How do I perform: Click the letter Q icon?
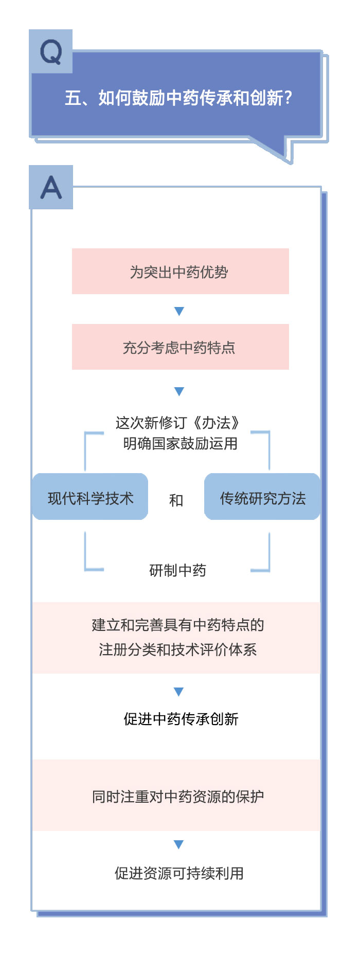click(51, 51)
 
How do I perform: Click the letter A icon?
click(51, 187)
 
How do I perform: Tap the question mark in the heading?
click(289, 98)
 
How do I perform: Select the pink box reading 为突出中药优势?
click(180, 272)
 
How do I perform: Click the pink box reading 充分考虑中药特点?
click(180, 347)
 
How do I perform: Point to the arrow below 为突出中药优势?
click(179, 311)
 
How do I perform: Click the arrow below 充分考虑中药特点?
click(179, 391)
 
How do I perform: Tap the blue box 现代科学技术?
click(91, 497)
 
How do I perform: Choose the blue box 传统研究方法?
click(262, 497)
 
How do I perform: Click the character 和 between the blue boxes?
click(176, 500)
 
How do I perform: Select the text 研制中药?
click(177, 570)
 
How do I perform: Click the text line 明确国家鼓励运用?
click(180, 443)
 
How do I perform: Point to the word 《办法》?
click(215, 423)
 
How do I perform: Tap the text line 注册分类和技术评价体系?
click(177, 649)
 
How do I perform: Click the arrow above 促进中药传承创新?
click(178, 692)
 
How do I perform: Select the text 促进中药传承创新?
click(181, 719)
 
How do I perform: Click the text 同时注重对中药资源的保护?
click(177, 797)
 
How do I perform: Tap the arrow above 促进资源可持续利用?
click(178, 844)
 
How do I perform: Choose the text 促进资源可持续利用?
click(179, 873)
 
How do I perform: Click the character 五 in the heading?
click(73, 98)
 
